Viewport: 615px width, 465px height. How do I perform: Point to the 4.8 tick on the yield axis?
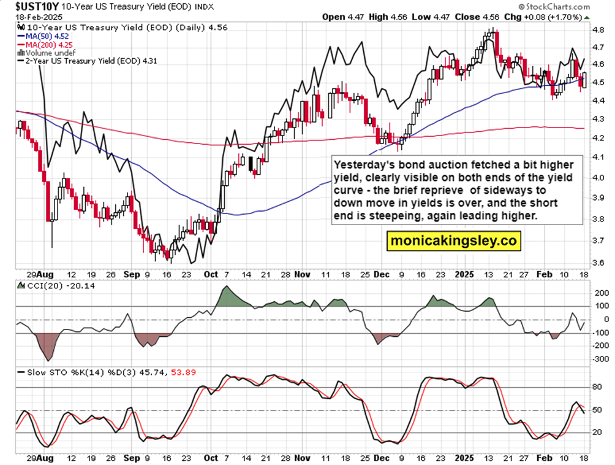[x=600, y=29]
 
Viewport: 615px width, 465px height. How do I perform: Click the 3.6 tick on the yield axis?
[x=600, y=263]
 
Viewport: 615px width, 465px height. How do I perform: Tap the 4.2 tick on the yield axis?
[x=600, y=137]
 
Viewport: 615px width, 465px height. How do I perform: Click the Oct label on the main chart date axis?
[x=210, y=274]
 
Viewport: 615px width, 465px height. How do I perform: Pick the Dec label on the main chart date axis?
[x=382, y=274]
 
